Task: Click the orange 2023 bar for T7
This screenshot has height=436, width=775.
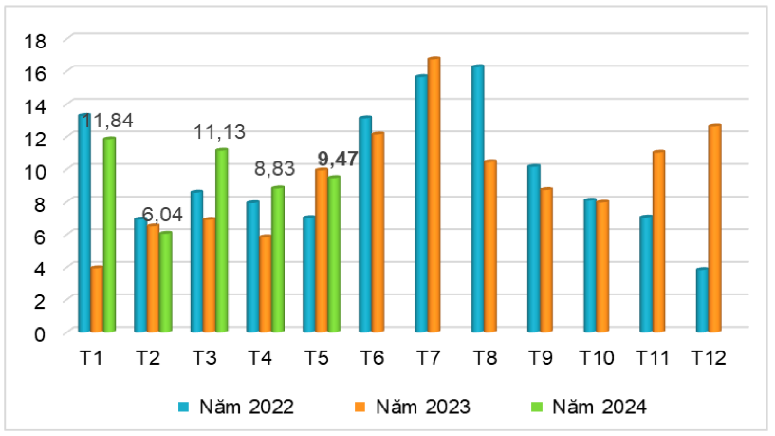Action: pos(434,195)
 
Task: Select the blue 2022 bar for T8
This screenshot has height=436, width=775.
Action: pos(477,199)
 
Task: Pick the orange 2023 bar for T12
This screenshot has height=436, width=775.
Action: pos(714,228)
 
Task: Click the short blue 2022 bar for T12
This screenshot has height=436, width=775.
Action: pos(702,300)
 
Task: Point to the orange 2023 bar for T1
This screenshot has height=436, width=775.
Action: pos(97,299)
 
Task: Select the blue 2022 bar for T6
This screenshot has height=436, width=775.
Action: pos(365,224)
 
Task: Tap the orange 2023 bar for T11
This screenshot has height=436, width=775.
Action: pos(658,241)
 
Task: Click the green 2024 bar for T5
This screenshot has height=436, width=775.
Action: pos(334,254)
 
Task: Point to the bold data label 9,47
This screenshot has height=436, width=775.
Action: pos(337,159)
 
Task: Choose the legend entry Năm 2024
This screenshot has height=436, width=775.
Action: pos(595,407)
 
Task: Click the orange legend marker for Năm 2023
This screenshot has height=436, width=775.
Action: pos(360,407)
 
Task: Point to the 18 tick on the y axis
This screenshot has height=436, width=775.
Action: pos(35,40)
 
